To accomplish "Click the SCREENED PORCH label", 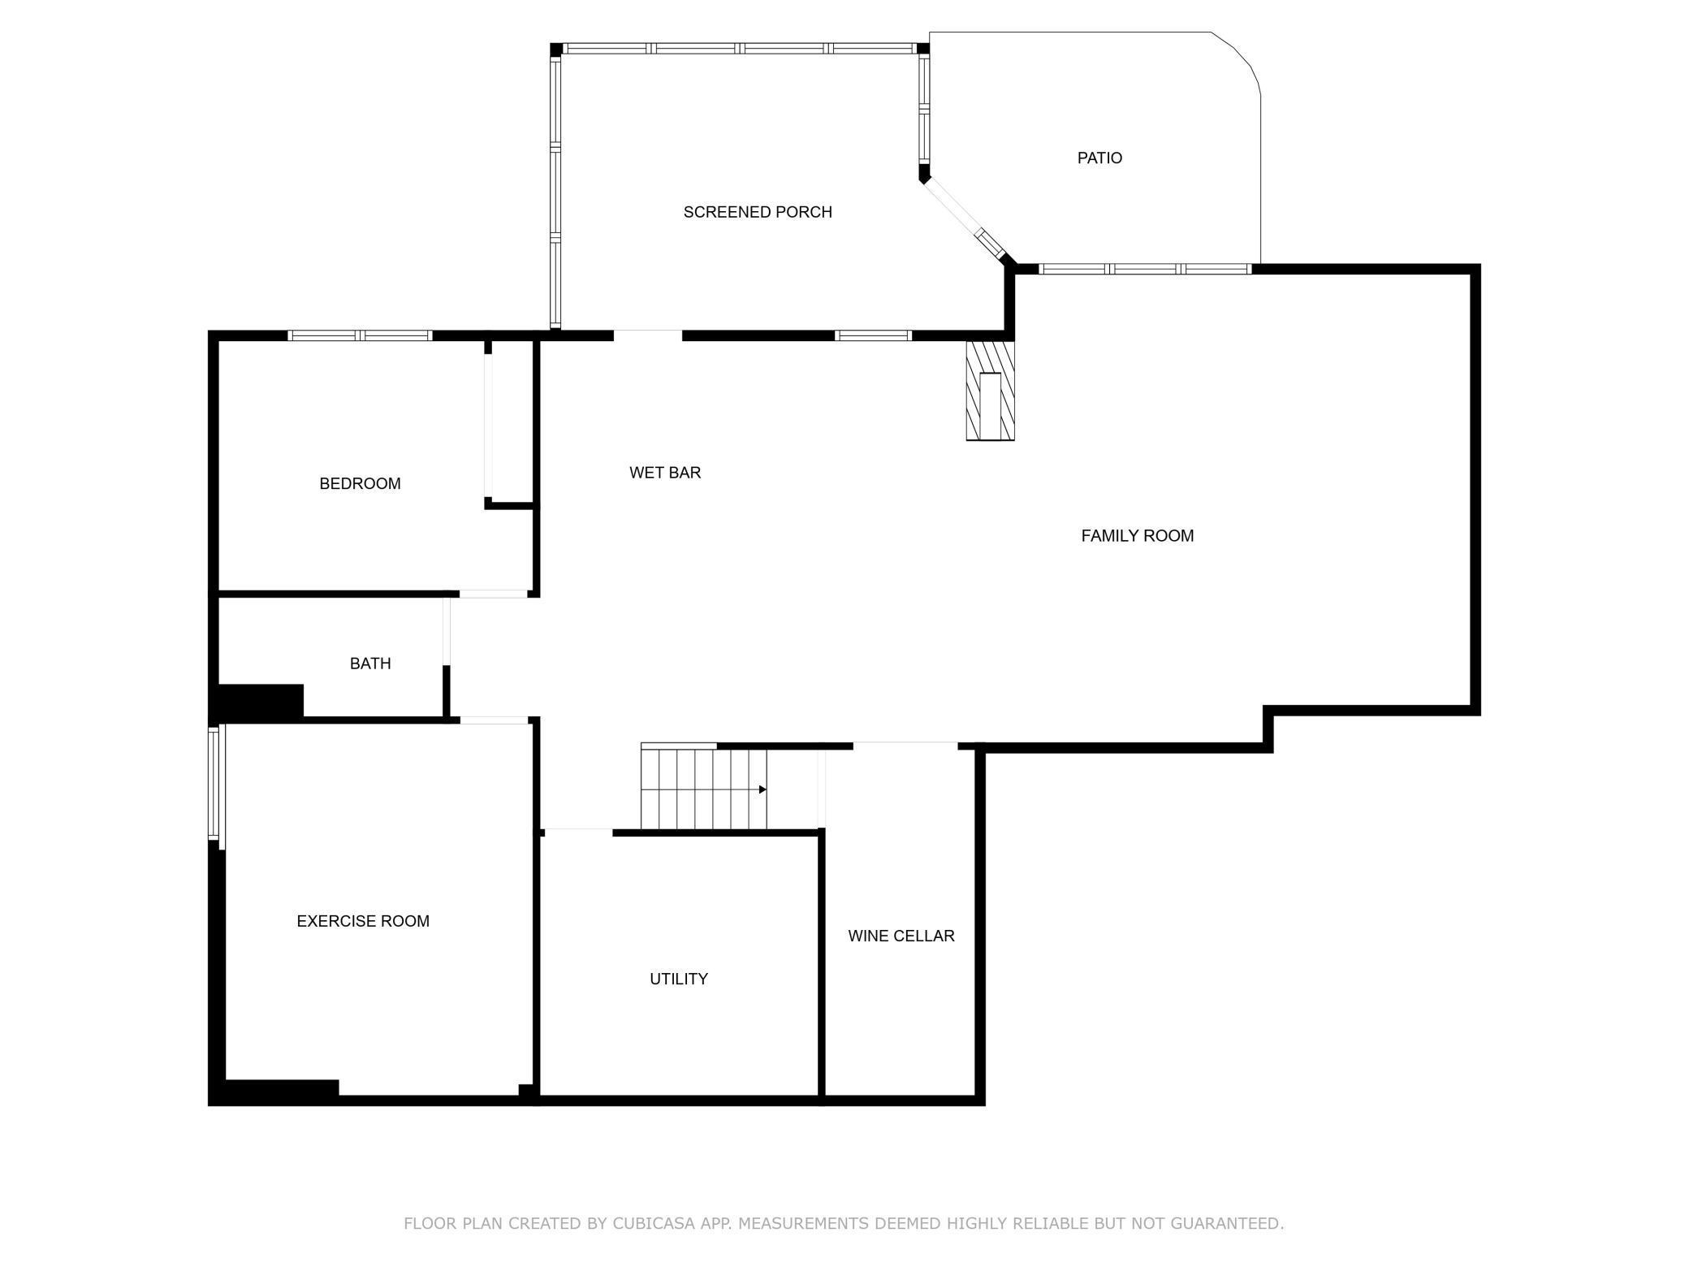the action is point(758,212).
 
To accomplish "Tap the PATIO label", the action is point(1099,158).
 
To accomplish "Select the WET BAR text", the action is point(665,473).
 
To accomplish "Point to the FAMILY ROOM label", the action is point(1138,536).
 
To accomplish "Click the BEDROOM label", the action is point(360,484).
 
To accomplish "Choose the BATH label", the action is point(370,664).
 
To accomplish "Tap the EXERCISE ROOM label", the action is point(363,921).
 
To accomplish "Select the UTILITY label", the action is point(679,979).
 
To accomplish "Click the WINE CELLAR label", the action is point(901,936).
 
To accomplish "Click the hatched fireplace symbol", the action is point(990,391).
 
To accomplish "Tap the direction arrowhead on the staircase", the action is point(762,789).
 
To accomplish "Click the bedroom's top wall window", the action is point(360,335).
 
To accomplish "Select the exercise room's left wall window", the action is point(215,783).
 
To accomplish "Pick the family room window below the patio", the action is point(1145,269).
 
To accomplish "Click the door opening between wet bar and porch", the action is point(647,335).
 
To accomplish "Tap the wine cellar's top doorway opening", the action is point(905,746).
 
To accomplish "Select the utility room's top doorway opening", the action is point(578,832).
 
